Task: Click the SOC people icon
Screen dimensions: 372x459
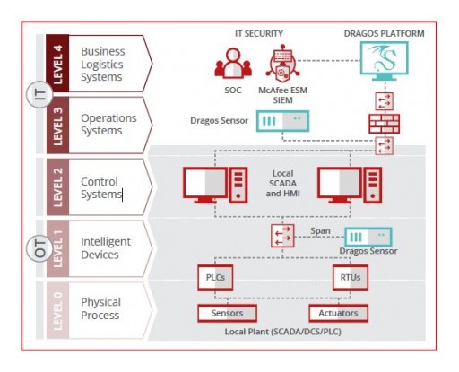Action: click(x=230, y=65)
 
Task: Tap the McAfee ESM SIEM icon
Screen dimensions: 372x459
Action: click(x=283, y=62)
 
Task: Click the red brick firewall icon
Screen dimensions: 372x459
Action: click(x=384, y=123)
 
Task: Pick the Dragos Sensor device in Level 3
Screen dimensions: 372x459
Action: click(x=281, y=120)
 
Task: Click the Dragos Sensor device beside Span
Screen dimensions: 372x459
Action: click(x=368, y=237)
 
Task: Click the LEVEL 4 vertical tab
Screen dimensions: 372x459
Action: click(x=58, y=63)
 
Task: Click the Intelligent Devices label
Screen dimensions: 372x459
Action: click(x=106, y=247)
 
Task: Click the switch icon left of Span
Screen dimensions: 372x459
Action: click(x=282, y=237)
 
